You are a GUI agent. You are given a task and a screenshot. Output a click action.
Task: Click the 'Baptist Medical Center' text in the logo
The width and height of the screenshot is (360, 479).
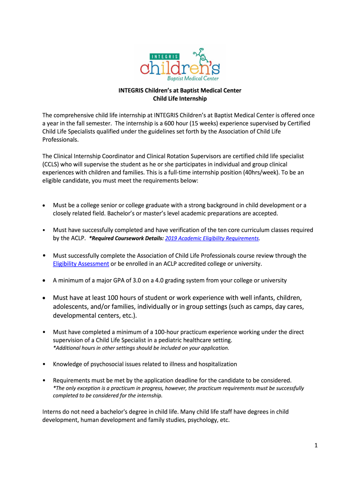[193, 78]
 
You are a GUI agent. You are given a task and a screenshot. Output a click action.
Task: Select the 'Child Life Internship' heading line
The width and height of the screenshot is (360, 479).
[180, 99]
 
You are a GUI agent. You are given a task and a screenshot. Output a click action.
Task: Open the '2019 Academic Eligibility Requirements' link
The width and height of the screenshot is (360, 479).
[212, 238]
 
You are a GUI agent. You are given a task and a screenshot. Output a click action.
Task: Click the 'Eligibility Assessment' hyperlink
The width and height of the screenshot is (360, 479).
[81, 264]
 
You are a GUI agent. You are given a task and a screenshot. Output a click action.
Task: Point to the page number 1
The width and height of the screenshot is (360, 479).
[316, 445]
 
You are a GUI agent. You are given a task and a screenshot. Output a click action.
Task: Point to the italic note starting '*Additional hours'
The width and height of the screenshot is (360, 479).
[141, 348]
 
